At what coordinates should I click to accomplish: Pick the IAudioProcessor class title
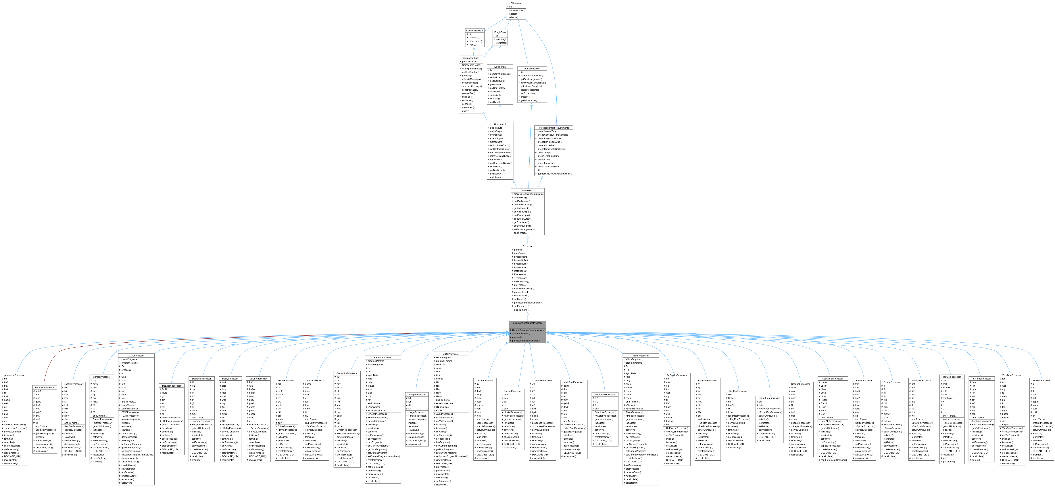point(532,69)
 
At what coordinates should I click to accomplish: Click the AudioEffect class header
point(527,190)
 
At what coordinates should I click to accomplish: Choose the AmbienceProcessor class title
point(14,375)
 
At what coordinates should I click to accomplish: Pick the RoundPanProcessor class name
point(769,398)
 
